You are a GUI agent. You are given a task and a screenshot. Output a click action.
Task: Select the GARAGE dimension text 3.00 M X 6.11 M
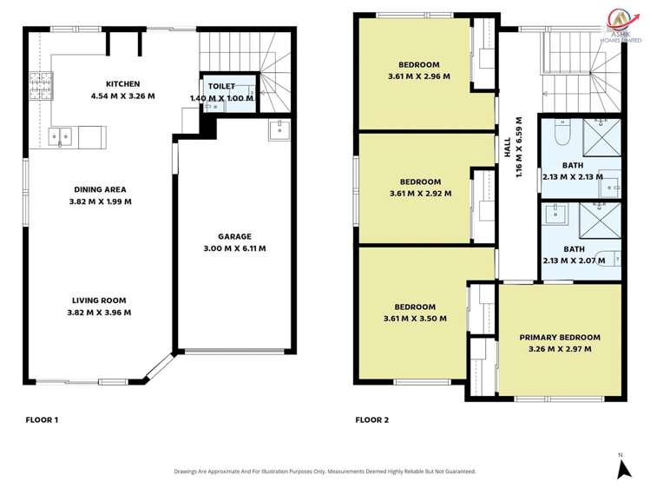click(x=229, y=248)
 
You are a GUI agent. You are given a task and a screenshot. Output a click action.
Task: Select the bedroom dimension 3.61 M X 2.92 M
click(x=420, y=193)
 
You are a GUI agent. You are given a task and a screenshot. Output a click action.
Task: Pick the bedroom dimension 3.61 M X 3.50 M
click(x=415, y=319)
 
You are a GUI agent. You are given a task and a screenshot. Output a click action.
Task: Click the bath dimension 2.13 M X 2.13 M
click(x=573, y=176)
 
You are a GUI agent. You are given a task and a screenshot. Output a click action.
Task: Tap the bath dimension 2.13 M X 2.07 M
click(x=573, y=260)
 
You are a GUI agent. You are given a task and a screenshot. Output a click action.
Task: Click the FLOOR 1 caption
click(x=42, y=420)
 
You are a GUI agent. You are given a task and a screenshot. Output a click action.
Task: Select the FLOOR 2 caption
click(x=371, y=420)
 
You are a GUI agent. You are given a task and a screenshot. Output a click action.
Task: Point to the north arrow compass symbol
click(x=621, y=468)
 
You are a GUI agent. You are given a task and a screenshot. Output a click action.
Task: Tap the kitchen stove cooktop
click(x=39, y=84)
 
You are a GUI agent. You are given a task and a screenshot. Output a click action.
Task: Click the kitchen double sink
click(x=61, y=136)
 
